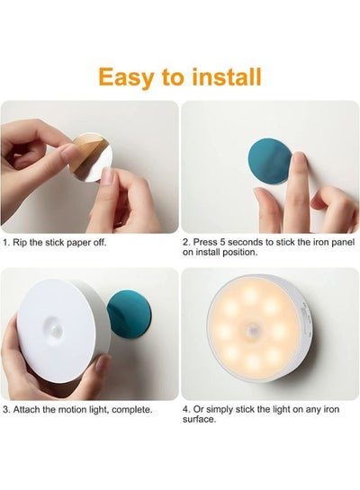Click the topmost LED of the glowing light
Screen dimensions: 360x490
pos(250,293)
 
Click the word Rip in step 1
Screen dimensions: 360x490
pos(20,243)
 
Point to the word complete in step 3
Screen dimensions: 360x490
pos(131,410)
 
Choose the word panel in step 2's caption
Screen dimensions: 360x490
pos(342,242)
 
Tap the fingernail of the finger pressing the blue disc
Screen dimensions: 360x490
pos(300,158)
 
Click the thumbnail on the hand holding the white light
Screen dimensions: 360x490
pos(102,364)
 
